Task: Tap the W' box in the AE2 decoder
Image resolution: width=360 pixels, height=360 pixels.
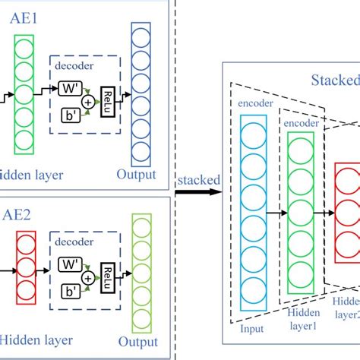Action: pyautogui.click(x=70, y=267)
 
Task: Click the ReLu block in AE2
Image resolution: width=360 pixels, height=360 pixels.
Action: pyautogui.click(x=110, y=270)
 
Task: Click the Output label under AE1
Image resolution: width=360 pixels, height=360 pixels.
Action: pyautogui.click(x=136, y=175)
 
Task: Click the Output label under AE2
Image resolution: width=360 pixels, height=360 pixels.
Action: pyautogui.click(x=136, y=342)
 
